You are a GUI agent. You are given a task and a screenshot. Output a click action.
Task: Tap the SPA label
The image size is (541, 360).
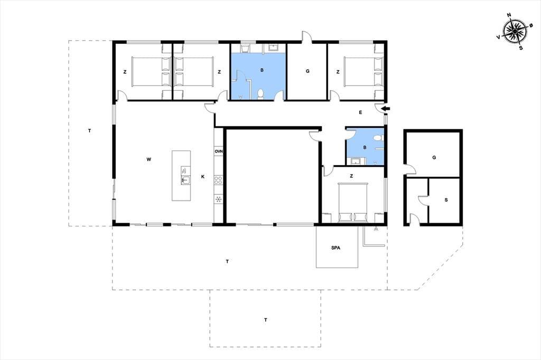[x=335, y=248]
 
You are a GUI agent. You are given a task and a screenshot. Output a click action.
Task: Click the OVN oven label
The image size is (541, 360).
[x=218, y=151]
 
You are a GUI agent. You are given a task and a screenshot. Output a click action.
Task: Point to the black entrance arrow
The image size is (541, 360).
[x=386, y=109]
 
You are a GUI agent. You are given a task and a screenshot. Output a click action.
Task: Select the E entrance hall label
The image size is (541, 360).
[x=360, y=112]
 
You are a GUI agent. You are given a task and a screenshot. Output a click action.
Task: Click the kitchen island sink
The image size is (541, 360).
[x=185, y=179]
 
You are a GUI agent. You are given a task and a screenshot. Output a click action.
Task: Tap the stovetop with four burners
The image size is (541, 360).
[x=218, y=179]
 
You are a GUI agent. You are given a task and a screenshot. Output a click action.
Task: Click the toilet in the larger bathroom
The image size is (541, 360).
[x=261, y=94]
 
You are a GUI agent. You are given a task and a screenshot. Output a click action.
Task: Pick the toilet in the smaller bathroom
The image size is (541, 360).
[x=378, y=138]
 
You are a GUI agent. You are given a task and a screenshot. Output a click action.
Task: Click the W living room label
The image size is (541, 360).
[x=148, y=159]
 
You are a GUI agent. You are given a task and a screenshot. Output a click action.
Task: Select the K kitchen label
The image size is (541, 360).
[x=203, y=176]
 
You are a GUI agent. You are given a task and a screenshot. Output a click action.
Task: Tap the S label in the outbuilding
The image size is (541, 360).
[x=446, y=200]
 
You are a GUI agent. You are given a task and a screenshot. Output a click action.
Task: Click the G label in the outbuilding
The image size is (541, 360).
[x=434, y=157]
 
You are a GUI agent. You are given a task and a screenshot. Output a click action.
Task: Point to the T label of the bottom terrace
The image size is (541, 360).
[x=266, y=320]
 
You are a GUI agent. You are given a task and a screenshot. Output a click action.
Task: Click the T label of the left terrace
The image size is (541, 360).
[x=90, y=131]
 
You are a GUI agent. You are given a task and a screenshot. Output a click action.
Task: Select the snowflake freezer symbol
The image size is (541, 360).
[x=218, y=199]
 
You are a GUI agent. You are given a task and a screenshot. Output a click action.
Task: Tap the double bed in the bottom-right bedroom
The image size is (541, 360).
[x=352, y=202]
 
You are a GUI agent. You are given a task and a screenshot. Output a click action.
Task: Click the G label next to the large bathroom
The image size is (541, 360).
[x=307, y=71]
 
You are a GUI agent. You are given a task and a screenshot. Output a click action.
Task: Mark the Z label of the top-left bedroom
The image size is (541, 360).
[x=125, y=72]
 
